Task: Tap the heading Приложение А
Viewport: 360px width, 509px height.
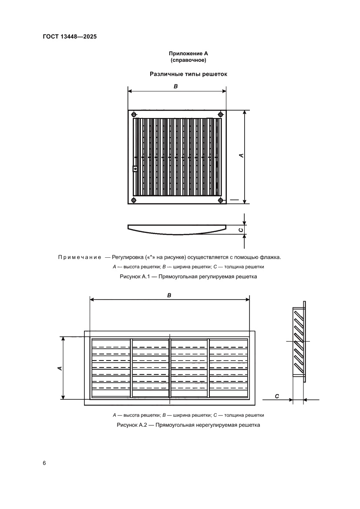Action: tap(188, 54)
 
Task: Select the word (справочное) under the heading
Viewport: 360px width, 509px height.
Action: tap(188, 60)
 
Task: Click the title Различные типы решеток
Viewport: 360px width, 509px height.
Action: tap(188, 74)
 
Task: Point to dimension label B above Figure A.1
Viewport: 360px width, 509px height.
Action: tap(176, 87)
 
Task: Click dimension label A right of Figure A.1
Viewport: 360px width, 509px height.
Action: tap(241, 155)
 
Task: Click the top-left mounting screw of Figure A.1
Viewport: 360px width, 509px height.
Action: tap(134, 115)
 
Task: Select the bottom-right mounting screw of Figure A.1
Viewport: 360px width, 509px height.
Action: tap(221, 200)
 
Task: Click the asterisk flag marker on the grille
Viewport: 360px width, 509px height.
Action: tap(135, 169)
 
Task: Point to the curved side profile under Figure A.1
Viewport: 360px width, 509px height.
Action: tap(177, 229)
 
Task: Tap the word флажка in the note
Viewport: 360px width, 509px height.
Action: tap(269, 257)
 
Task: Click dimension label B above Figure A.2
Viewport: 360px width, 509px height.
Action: tap(169, 295)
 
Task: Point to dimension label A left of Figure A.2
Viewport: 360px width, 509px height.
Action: tap(60, 368)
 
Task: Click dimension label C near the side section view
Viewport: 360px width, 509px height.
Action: tap(277, 396)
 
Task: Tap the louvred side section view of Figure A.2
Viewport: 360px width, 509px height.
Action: tap(299, 342)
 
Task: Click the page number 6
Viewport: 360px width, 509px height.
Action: tap(44, 462)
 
